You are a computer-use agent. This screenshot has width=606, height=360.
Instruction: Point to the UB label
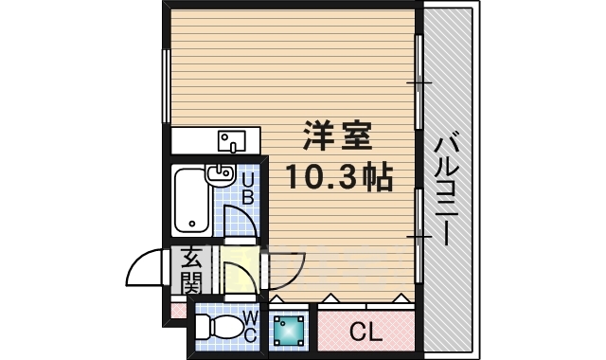[x=247, y=190]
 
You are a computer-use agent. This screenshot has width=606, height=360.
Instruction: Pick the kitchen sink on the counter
[x=231, y=142]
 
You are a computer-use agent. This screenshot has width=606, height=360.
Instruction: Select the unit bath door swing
[x=241, y=224]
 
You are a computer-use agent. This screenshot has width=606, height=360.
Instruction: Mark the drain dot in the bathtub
[x=192, y=225]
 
